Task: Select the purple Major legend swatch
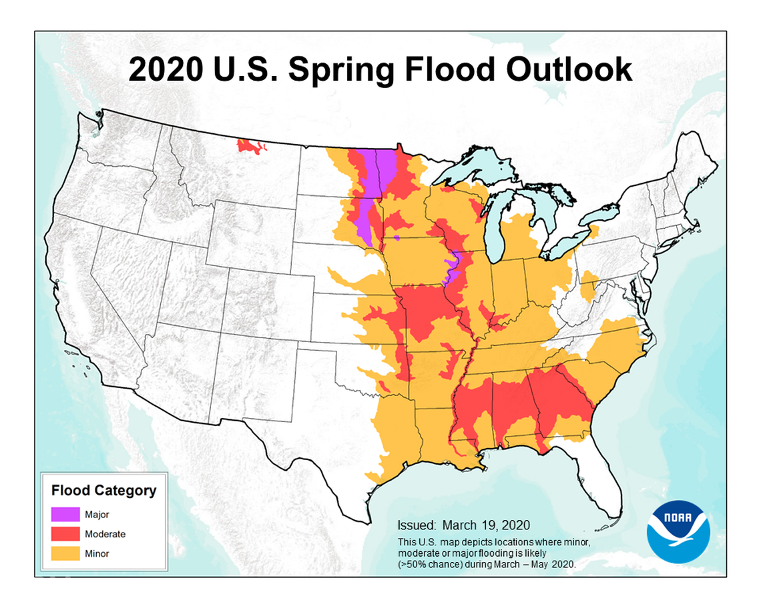pos(65,515)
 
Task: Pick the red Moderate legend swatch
pos(65,534)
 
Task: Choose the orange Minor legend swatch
pos(65,553)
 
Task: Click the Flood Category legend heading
pos(103,491)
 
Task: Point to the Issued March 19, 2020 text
pos(463,525)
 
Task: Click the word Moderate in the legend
pos(105,534)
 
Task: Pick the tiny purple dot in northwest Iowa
pos(397,237)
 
